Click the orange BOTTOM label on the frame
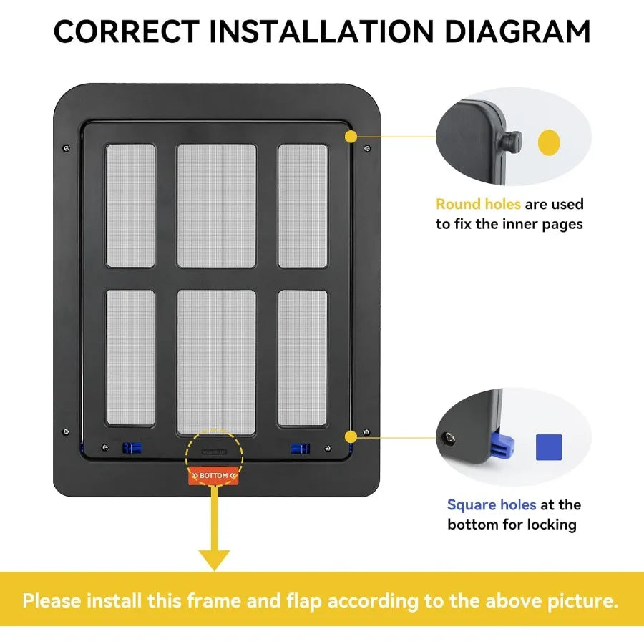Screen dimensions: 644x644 (x=214, y=476)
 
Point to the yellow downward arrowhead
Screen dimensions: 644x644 (x=214, y=559)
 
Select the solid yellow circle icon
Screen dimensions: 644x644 (x=549, y=142)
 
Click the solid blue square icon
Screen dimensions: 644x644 (x=549, y=447)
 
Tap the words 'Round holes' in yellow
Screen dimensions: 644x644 (x=478, y=205)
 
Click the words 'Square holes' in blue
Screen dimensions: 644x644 (x=491, y=505)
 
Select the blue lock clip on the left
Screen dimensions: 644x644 (x=132, y=448)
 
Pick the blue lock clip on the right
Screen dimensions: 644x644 (x=299, y=449)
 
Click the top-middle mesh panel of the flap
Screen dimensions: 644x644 (x=216, y=206)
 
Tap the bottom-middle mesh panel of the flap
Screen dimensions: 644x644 (x=216, y=361)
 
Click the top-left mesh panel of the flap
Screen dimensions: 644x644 (x=130, y=206)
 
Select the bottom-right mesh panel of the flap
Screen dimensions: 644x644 (x=302, y=357)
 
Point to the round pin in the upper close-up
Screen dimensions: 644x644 (x=514, y=141)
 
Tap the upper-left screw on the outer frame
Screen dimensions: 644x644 (x=67, y=148)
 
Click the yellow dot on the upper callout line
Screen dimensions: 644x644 (x=351, y=135)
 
